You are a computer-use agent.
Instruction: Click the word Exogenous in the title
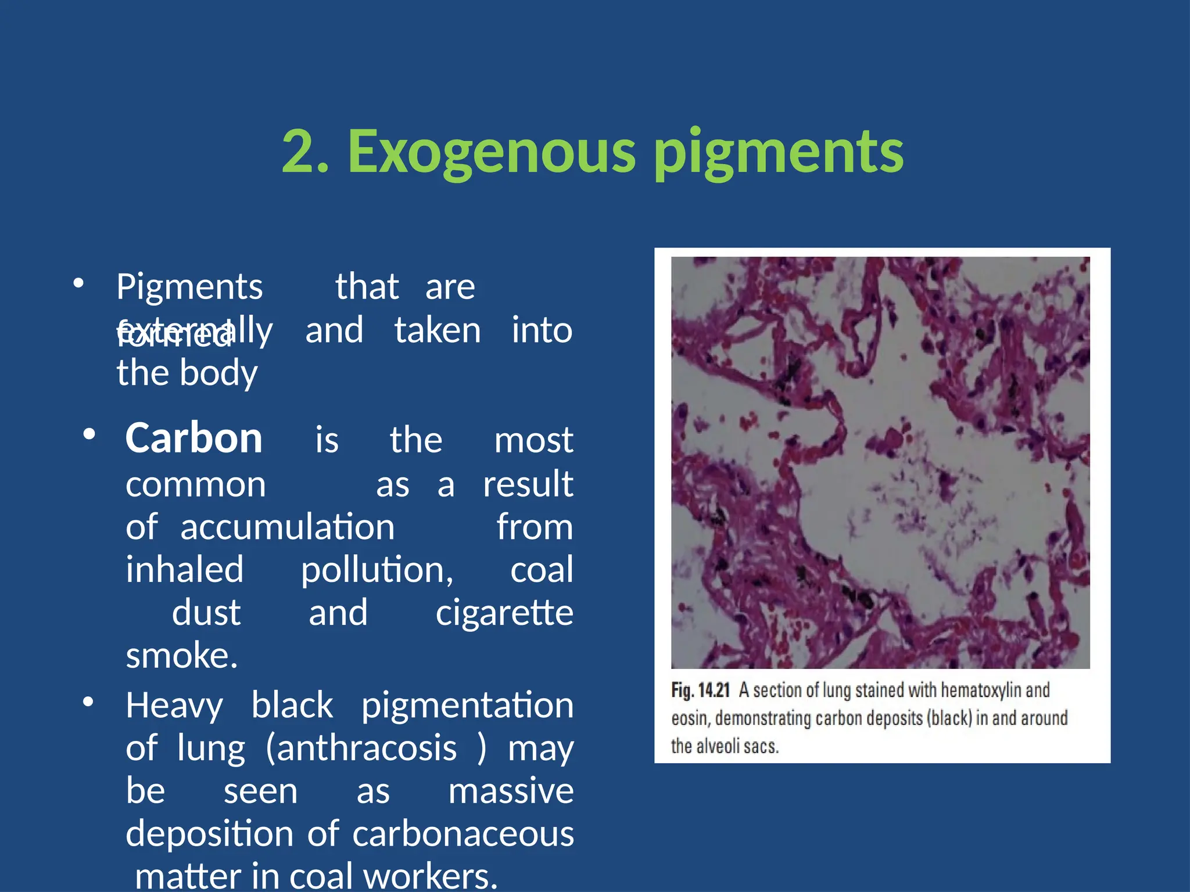tap(492, 152)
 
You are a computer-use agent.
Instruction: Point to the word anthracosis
tap(367, 748)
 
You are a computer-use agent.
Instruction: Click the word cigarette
tap(504, 613)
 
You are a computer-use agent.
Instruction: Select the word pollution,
tap(377, 570)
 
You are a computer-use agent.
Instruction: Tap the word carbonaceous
tap(463, 834)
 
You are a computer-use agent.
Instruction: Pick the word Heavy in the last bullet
tap(174, 706)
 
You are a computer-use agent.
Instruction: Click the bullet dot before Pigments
tap(79, 284)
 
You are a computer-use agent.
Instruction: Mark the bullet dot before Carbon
tap(89, 434)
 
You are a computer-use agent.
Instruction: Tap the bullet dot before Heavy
tap(88, 702)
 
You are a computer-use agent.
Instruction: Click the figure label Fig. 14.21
tap(700, 690)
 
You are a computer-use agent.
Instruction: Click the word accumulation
tap(288, 527)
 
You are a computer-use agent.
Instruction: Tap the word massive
tap(511, 791)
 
